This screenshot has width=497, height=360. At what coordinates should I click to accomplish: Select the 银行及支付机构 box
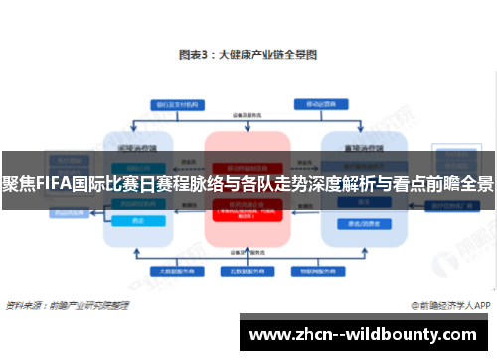tap(176, 104)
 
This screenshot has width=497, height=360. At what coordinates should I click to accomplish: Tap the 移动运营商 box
tap(319, 104)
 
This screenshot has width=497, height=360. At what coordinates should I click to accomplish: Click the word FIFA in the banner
tap(47, 184)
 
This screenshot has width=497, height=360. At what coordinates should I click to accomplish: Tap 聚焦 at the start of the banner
tap(15, 184)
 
